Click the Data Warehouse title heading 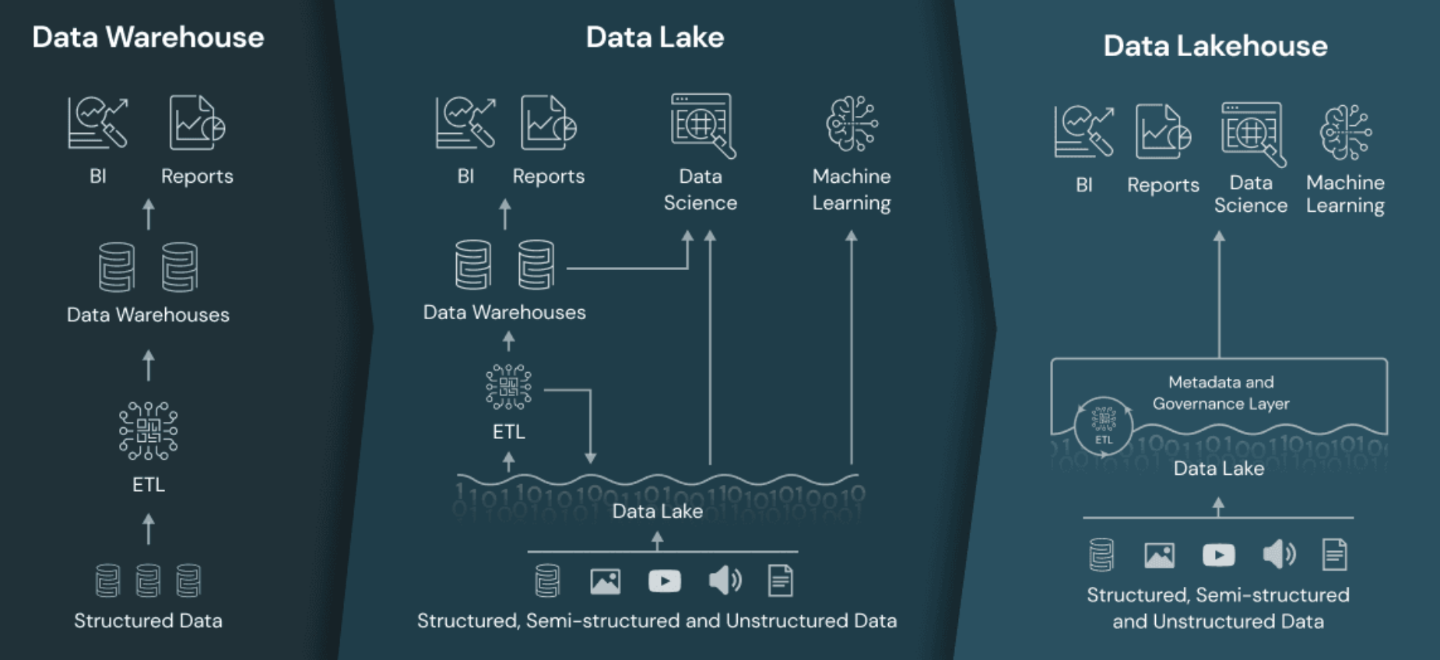click(x=148, y=37)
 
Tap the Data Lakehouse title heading click(x=1215, y=46)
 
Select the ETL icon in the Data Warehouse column click(x=148, y=430)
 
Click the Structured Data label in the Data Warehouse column click(x=148, y=620)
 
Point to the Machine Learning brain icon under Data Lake click(x=852, y=124)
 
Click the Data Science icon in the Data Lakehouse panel click(x=1252, y=133)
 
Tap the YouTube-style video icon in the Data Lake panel click(x=665, y=581)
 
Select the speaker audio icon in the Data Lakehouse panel click(x=1278, y=555)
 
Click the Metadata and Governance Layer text click(x=1220, y=393)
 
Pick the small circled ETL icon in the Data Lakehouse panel click(x=1103, y=425)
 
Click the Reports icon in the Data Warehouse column click(x=197, y=123)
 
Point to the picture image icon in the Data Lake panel click(x=605, y=581)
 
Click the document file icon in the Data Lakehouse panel click(x=1334, y=555)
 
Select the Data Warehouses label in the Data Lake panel click(x=504, y=312)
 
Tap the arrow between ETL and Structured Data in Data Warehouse click(x=149, y=528)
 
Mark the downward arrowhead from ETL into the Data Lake click(x=591, y=458)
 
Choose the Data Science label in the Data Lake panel click(x=700, y=189)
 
